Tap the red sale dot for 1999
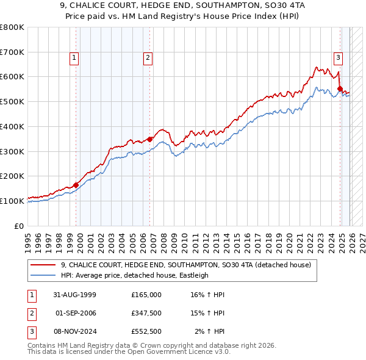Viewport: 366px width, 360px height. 76,185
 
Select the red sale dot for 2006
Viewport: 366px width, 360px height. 150,139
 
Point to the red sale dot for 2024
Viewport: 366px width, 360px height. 340,88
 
